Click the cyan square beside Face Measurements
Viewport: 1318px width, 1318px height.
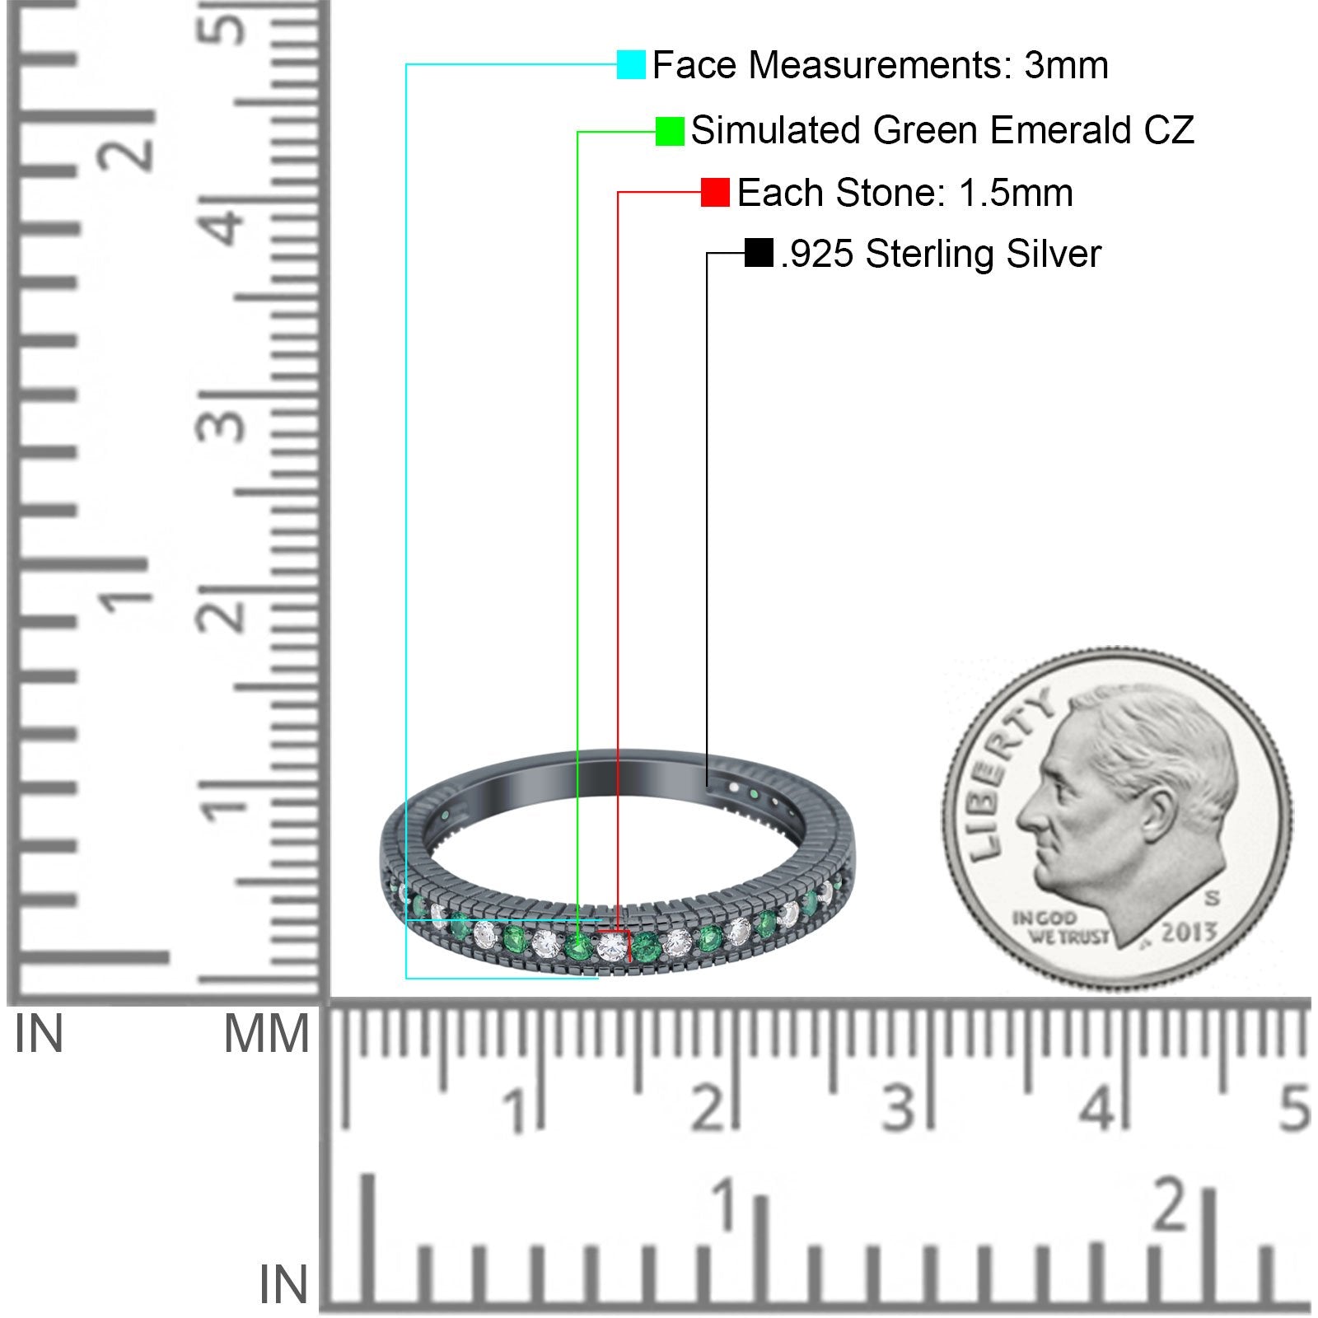tap(631, 64)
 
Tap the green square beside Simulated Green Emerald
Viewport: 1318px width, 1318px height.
tap(670, 131)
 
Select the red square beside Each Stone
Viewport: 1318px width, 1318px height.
tap(715, 193)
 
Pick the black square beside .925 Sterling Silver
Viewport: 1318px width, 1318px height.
tap(759, 253)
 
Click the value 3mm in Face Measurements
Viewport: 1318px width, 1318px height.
tap(1066, 65)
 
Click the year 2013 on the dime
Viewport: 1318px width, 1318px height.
tap(1189, 932)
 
